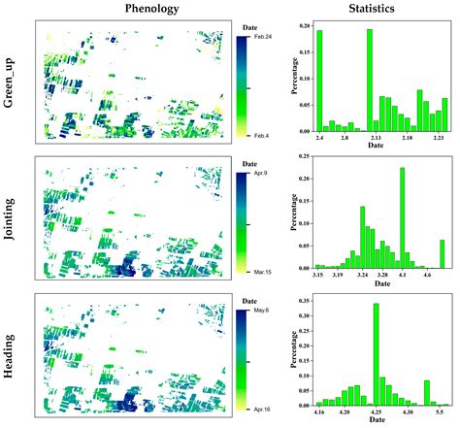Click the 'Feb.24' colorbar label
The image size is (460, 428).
[x=262, y=37]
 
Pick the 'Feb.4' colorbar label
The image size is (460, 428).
[x=260, y=134]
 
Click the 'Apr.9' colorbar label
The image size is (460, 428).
[x=261, y=175]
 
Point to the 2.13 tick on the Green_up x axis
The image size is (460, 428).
[x=370, y=140]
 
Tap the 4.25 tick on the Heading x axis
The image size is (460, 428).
[x=376, y=414]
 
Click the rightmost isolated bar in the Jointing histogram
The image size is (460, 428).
[x=443, y=254]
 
